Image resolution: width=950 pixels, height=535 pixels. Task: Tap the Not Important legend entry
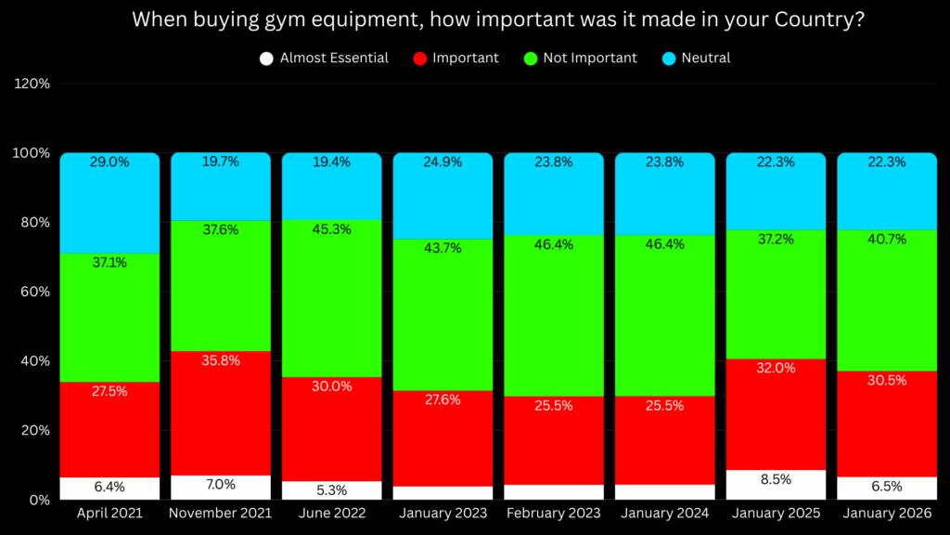pyautogui.click(x=580, y=58)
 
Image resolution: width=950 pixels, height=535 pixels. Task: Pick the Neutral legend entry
pyautogui.click(x=695, y=58)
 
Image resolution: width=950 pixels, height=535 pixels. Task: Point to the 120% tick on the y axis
pyautogui.click(x=32, y=84)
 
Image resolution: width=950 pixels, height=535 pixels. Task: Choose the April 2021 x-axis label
pyautogui.click(x=109, y=514)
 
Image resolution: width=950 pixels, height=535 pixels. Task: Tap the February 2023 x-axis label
pyautogui.click(x=554, y=514)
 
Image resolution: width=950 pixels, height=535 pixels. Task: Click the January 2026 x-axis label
pyautogui.click(x=887, y=514)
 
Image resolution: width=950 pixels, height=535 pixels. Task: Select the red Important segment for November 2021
pyautogui.click(x=221, y=413)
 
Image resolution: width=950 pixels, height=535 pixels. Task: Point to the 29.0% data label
pyautogui.click(x=109, y=162)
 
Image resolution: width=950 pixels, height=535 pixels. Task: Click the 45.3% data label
pyautogui.click(x=331, y=229)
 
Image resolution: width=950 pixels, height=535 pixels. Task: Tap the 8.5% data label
pyautogui.click(x=776, y=480)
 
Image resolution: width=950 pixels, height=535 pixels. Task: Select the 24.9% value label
pyautogui.click(x=443, y=162)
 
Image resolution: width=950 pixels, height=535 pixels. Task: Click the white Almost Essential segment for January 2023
pyautogui.click(x=443, y=492)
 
